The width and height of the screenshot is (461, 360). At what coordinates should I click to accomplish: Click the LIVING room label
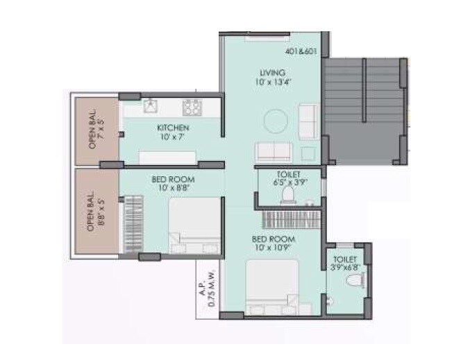coord(272,72)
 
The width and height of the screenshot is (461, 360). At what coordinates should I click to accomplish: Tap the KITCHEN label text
coord(172,128)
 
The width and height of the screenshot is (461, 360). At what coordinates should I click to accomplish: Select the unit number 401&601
coord(300,52)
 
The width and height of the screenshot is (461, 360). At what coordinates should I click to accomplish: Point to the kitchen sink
coord(149,106)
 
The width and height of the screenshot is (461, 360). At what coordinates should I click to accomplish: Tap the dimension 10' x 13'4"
coord(272,83)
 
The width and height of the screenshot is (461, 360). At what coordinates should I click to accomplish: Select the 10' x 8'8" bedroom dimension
coord(172,188)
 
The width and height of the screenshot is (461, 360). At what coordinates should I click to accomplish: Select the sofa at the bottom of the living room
coord(272,151)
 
